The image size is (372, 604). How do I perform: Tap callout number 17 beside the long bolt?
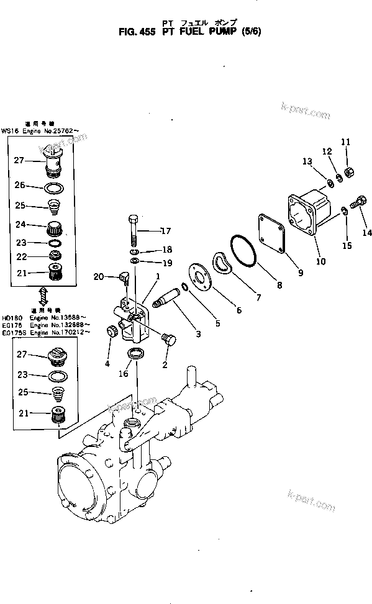click(x=165, y=232)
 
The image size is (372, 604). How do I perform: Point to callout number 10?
click(x=320, y=261)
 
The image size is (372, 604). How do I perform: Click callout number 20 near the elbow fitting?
click(x=98, y=276)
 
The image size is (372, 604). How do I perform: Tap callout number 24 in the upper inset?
click(x=20, y=225)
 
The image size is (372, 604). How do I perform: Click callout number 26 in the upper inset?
click(x=20, y=185)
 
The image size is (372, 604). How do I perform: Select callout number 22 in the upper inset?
click(x=20, y=256)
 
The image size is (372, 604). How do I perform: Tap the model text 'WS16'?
click(x=10, y=131)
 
